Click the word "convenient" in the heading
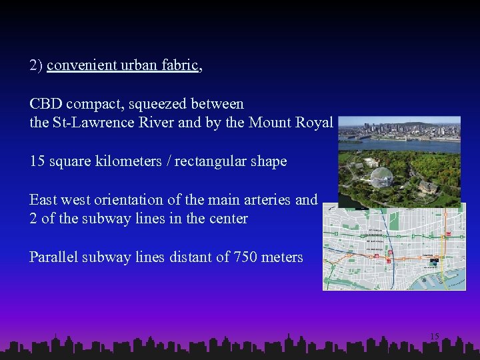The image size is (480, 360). pos(77,66)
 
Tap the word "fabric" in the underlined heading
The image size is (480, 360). pos(181,66)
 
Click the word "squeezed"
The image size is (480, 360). pos(157,104)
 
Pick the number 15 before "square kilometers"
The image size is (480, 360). pos(37,161)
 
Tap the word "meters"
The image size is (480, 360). pos(283,257)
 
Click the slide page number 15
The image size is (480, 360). pos(435,337)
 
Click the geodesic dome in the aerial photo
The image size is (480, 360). pos(381,177)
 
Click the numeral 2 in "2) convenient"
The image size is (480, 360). pos(33,66)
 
